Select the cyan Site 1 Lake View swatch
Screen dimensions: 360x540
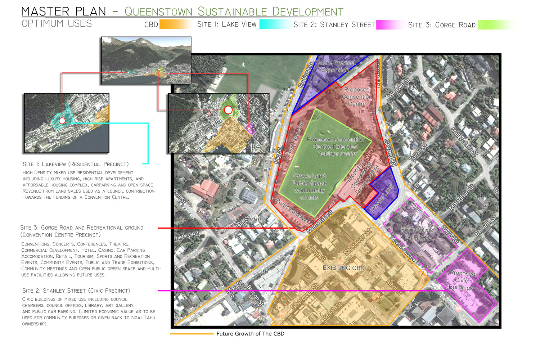pos(274,24)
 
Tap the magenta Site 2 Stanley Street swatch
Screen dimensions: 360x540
pos(389,24)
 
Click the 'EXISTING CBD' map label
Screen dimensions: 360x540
pos(343,268)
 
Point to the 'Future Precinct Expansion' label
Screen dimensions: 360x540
pos(335,67)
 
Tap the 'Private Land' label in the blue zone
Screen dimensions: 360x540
pos(382,198)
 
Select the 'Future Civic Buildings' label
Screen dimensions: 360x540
pos(417,233)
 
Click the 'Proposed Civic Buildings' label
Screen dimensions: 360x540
pos(462,280)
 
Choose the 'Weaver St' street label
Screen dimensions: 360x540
pos(399,88)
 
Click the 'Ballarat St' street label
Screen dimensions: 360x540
pos(485,225)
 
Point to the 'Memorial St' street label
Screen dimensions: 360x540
pos(320,222)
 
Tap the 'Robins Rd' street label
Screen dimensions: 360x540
pos(306,75)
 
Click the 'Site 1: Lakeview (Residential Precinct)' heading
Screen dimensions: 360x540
pos(76,164)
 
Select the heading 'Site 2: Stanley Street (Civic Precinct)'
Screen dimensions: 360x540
pos(76,291)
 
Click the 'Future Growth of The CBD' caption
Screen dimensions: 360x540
pos(250,334)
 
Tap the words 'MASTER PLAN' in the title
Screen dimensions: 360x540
pos(64,12)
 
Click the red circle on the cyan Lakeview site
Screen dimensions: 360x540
pos(62,121)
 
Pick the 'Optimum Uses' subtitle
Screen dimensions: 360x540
pos(57,24)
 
